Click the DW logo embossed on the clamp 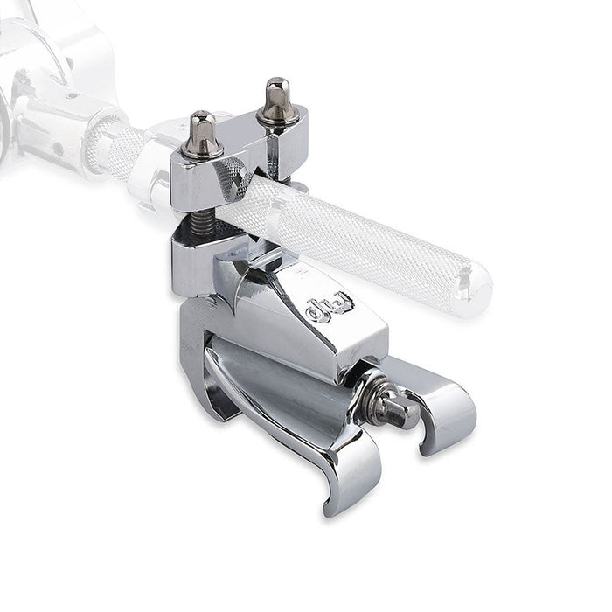pos(330,307)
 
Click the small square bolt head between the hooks pos(403,413)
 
